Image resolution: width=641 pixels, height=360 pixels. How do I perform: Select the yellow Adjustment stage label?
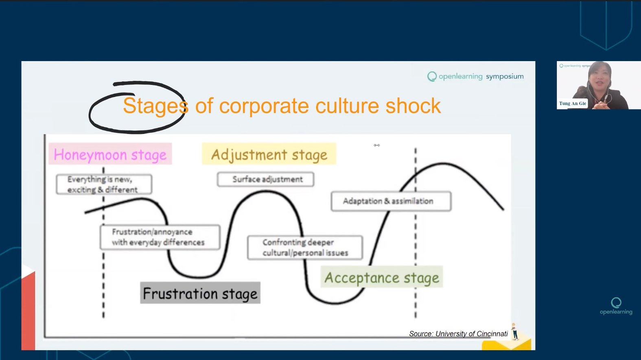[x=269, y=154]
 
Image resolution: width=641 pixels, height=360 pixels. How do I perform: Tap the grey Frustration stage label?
[x=200, y=293]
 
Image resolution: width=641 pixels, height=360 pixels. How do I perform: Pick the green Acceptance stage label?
[x=381, y=277]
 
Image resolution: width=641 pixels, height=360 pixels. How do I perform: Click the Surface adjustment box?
[x=265, y=179]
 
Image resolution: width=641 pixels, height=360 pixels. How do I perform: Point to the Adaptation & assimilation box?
[x=391, y=201]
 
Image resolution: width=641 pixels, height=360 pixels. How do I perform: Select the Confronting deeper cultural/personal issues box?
[x=305, y=248]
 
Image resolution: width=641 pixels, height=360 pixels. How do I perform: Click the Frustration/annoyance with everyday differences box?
[x=160, y=237]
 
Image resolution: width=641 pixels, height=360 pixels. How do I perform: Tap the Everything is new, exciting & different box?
[x=104, y=184]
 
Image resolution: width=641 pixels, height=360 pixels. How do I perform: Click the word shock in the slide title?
[x=413, y=106]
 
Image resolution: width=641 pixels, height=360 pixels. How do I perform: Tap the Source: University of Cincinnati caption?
[x=458, y=334]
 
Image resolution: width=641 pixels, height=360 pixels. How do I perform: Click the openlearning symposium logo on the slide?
[x=475, y=77]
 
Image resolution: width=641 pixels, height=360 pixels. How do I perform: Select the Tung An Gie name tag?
[x=572, y=103]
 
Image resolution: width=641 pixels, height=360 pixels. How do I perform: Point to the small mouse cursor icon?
[x=376, y=145]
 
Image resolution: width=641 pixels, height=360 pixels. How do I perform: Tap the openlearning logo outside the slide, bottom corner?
[x=616, y=306]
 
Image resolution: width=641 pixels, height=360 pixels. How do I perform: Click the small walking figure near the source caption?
[x=515, y=331]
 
